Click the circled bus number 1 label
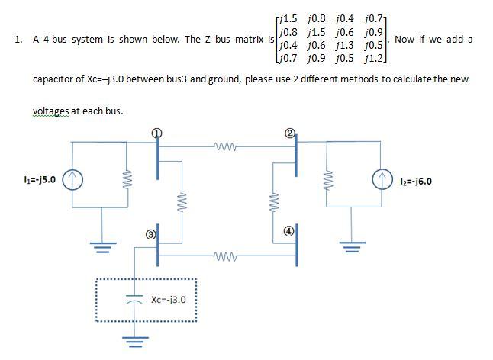point(158,132)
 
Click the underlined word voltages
point(50,111)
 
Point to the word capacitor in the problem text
point(53,79)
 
